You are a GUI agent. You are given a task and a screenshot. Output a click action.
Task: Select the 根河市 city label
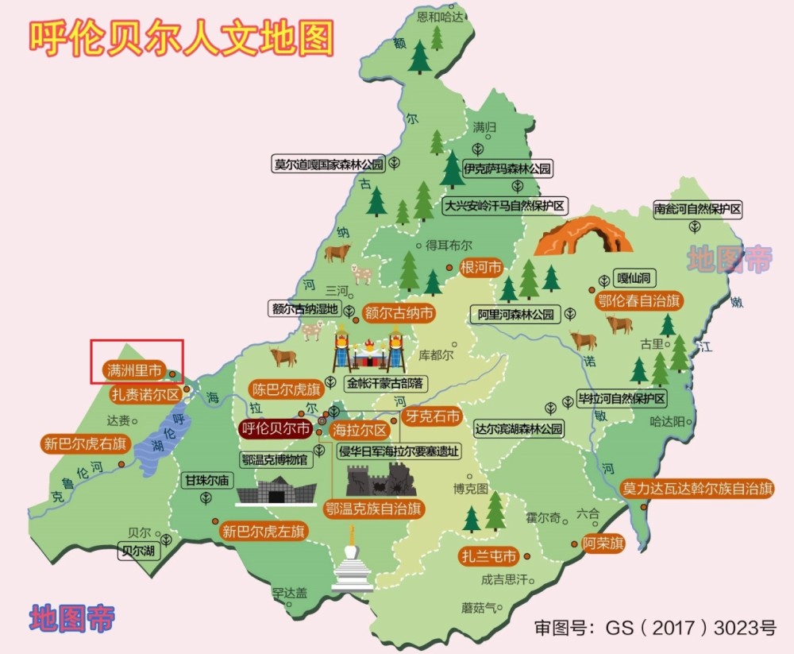point(481,268)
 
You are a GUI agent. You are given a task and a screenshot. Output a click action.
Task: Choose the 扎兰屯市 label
point(488,555)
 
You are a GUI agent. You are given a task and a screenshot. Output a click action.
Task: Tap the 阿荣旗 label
point(603,544)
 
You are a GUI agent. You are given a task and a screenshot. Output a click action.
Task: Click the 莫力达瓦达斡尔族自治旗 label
point(697,488)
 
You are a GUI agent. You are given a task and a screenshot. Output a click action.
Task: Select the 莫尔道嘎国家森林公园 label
point(328,164)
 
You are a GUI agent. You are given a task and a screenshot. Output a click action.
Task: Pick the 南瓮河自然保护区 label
point(697,210)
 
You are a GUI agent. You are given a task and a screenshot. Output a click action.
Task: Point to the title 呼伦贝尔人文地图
point(181,37)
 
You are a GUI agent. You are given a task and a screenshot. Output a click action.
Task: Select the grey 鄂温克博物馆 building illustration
point(276,490)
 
